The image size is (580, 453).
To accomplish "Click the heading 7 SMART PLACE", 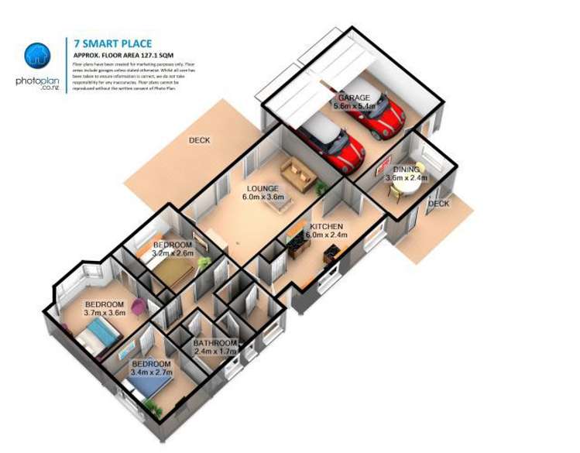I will pos(113,44).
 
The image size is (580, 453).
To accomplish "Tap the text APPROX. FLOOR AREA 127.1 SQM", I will pos(129,57).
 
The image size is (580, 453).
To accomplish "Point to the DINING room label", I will pos(406,169).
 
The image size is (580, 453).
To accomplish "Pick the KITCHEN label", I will pos(326,226).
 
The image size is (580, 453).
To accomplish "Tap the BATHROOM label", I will pos(214,343).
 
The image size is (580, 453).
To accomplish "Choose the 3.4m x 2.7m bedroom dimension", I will pos(151,372).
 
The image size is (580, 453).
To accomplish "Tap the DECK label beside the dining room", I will pos(439,204).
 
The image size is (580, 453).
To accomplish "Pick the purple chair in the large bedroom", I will pos(138,307).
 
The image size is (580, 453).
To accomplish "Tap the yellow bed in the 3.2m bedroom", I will pos(177,271).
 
